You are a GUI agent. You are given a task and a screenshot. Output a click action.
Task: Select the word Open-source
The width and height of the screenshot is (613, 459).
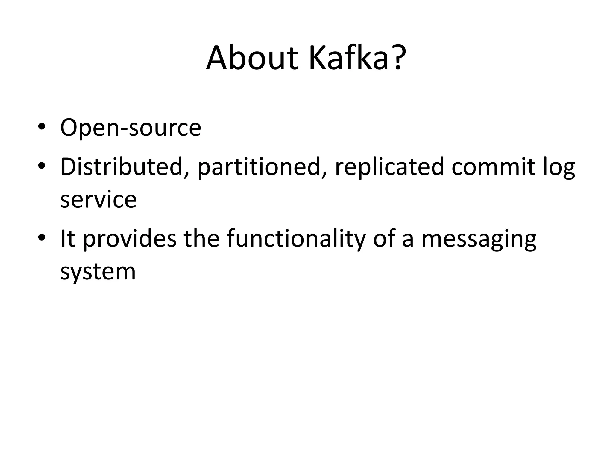(x=131, y=128)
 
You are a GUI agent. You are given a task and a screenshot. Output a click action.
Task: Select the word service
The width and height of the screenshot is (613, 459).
(x=98, y=200)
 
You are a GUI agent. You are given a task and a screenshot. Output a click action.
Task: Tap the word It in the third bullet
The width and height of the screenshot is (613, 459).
(x=68, y=238)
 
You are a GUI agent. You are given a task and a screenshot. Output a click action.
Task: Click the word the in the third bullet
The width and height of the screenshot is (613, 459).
(x=202, y=238)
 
